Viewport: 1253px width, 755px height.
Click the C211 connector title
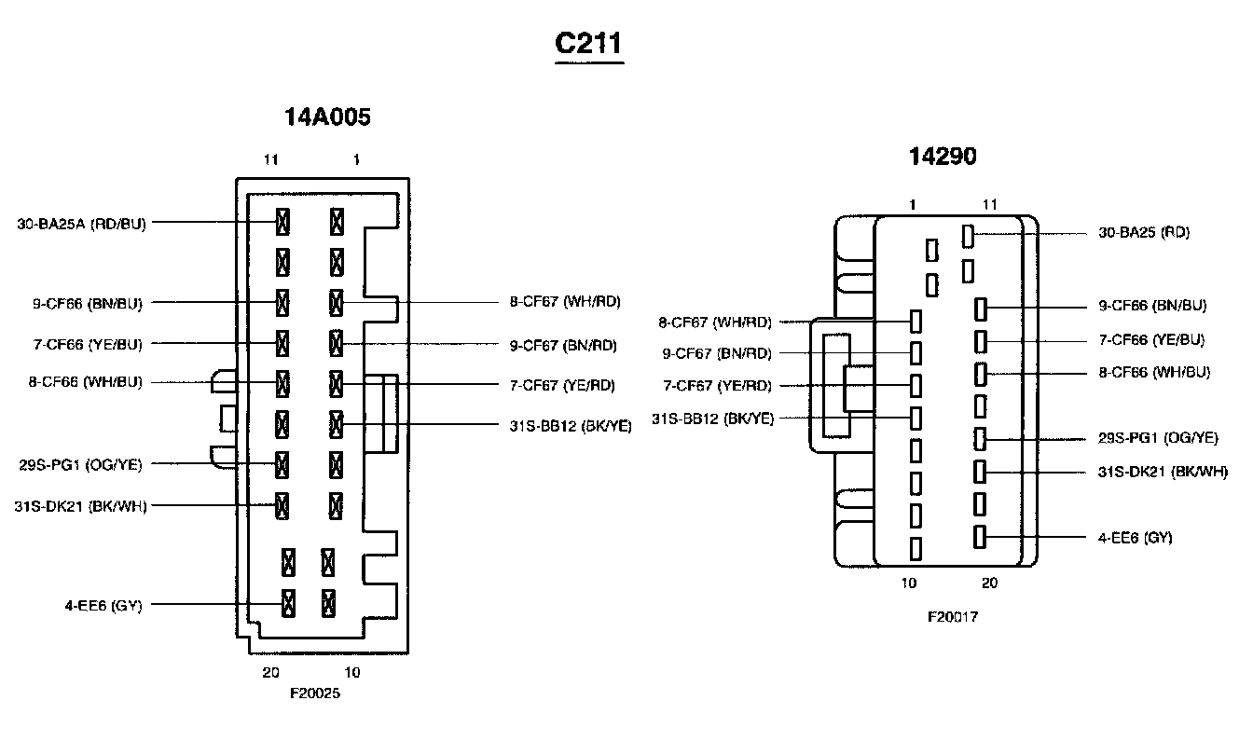tap(588, 44)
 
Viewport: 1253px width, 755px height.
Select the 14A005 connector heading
tap(327, 117)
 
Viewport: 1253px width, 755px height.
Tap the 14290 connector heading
tap(943, 157)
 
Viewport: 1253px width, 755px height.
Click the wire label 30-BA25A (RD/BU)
tap(81, 224)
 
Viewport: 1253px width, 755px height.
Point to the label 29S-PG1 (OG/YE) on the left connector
tap(80, 464)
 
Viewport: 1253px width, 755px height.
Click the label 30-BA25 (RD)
tap(1144, 232)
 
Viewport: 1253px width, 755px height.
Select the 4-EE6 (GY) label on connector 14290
tap(1135, 538)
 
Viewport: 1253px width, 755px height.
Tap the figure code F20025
tap(314, 693)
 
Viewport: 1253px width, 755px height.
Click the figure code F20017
tap(952, 617)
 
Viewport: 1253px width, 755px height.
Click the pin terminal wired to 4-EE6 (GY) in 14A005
tap(288, 602)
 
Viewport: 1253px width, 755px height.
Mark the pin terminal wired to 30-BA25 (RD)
tap(969, 235)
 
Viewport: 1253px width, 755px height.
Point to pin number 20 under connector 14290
tap(989, 583)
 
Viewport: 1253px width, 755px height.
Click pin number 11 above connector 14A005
tap(270, 160)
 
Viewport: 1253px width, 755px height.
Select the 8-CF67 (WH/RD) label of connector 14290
tap(715, 323)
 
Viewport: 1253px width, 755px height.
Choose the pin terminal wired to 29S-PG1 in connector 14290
tap(980, 437)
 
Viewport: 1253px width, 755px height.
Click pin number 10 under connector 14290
tap(909, 583)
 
